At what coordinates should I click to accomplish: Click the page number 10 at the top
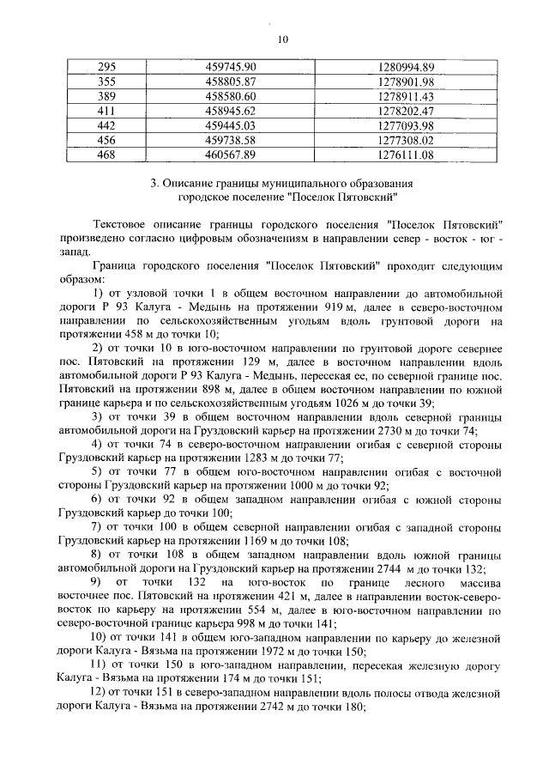[283, 38]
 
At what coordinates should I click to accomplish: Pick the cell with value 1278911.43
[407, 96]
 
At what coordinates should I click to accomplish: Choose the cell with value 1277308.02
[407, 140]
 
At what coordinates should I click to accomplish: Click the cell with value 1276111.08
[407, 155]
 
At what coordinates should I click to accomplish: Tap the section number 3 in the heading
[153, 184]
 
